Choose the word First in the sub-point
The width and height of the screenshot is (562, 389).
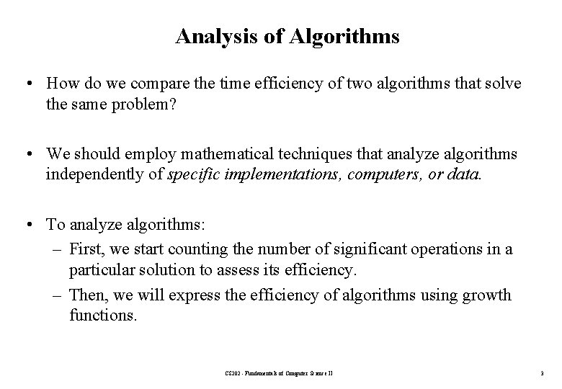click(x=86, y=249)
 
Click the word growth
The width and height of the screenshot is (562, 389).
click(x=487, y=295)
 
